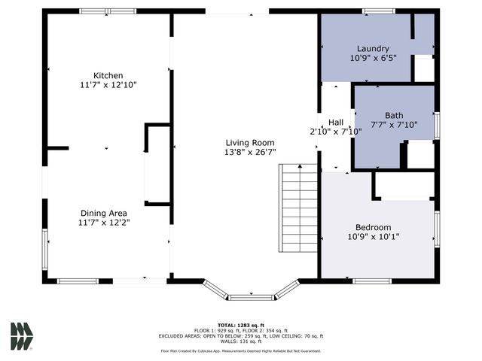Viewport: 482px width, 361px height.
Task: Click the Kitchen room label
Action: pos(108,75)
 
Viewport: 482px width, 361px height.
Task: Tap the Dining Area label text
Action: pos(108,213)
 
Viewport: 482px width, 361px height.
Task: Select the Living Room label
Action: pos(250,142)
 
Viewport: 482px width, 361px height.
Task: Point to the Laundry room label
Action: pos(373,48)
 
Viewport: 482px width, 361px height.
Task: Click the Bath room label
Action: pos(394,115)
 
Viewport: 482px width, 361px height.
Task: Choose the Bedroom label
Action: pos(373,227)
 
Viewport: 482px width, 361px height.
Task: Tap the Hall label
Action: pos(335,122)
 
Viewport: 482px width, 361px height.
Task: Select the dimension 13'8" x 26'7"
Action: pos(250,151)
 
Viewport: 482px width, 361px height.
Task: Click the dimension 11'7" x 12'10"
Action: pos(108,85)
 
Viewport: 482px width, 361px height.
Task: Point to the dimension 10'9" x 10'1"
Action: pos(373,237)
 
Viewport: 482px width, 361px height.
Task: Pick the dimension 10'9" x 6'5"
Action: pos(373,58)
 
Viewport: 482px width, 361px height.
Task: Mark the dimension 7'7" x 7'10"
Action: pos(394,125)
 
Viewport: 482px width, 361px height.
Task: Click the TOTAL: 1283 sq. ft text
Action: pos(240,325)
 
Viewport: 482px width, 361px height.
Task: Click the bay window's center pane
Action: pos(252,297)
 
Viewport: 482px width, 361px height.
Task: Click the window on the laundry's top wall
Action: pos(378,11)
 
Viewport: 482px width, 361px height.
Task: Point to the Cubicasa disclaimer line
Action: pos(240,351)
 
